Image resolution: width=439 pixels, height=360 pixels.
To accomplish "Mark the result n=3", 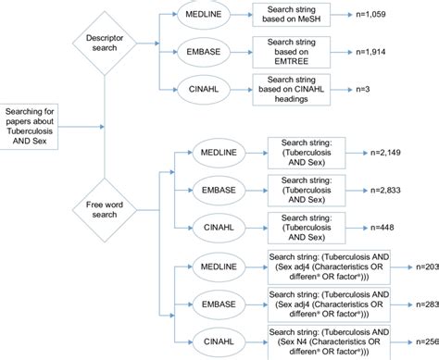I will tap(365, 89).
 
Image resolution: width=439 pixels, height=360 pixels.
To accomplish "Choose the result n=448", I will tap(387, 228).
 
